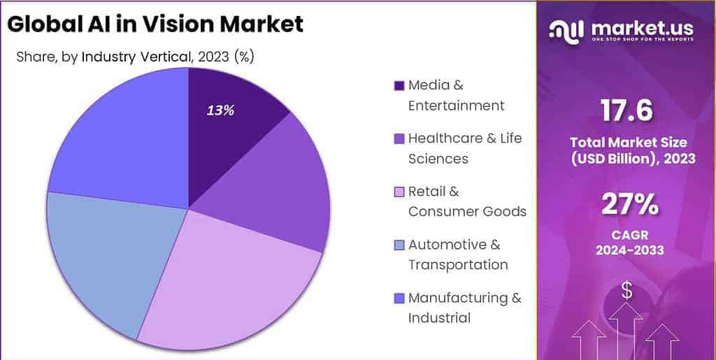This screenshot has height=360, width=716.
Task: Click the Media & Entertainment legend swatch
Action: tap(399, 86)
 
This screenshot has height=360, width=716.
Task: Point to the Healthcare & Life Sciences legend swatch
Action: tap(399, 139)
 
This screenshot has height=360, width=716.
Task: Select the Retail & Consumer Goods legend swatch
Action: tap(399, 192)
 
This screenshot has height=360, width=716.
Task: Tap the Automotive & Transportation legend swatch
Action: tap(399, 245)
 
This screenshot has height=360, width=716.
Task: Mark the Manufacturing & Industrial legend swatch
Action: tap(399, 298)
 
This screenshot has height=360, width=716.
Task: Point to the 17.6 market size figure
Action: tap(626, 110)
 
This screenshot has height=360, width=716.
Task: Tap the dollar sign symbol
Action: tap(626, 291)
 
